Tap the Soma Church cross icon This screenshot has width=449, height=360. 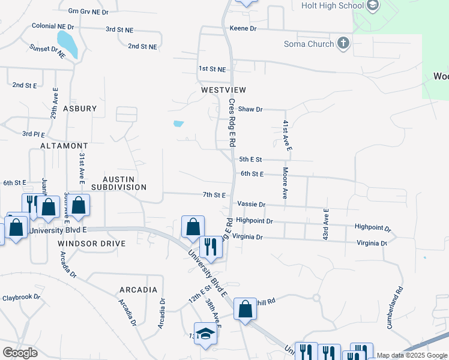pos(343,43)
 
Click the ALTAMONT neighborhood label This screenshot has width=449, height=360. pos(64,146)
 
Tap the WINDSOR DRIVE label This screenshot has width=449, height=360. pos(92,244)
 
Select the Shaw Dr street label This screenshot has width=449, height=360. pos(250,109)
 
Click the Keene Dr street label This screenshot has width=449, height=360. pos(243,28)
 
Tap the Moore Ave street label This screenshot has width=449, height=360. pos(285,184)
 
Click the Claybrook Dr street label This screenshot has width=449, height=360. pos(21,297)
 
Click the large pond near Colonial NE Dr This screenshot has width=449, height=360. pos(67,44)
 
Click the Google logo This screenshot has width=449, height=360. pos(20,353)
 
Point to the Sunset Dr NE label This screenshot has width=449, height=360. pos(46,51)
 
